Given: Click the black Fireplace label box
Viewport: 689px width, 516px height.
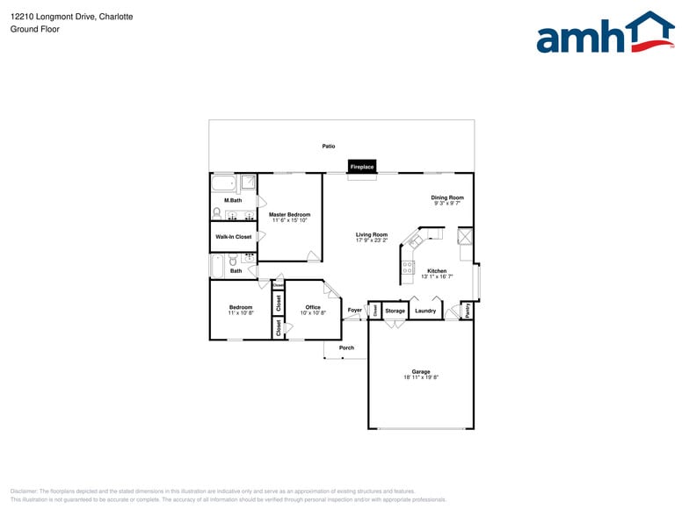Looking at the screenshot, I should (x=362, y=167).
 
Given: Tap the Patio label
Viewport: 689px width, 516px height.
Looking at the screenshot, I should (x=329, y=147).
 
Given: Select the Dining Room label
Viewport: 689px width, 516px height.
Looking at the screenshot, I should (x=447, y=197).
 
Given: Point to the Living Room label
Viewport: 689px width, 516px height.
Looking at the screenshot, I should (x=372, y=234).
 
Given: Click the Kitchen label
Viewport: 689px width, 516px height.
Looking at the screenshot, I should (x=437, y=271).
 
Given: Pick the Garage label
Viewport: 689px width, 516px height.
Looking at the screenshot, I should (x=422, y=371).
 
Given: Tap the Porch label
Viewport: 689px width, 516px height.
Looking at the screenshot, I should (x=347, y=348).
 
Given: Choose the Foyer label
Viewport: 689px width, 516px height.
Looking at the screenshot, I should (x=355, y=310).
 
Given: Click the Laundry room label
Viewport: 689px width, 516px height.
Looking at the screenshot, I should (x=425, y=311).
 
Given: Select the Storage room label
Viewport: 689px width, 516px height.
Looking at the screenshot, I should (x=395, y=311).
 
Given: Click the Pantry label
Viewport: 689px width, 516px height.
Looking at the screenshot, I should (x=468, y=310).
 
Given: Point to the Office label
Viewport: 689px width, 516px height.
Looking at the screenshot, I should (x=313, y=307).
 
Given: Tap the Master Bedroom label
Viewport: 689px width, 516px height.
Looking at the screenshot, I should (x=289, y=214).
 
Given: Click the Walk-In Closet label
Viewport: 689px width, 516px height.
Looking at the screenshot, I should (x=234, y=237).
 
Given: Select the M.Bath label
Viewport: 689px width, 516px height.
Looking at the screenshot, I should (x=233, y=200).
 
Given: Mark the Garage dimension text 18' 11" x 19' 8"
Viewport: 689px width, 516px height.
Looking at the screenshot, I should (x=422, y=377).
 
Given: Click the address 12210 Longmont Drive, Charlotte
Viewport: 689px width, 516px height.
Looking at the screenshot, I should (x=72, y=17).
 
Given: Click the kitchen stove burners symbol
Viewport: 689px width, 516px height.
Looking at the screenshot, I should (x=408, y=268).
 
